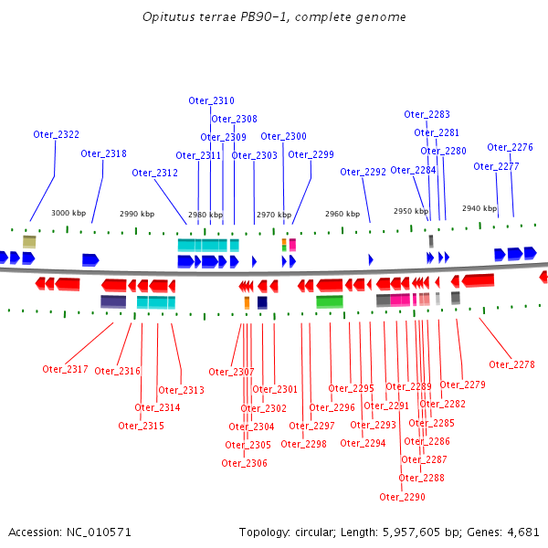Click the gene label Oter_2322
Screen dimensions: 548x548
57,134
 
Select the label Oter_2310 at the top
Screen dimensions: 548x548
212,100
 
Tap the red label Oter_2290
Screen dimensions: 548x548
402,497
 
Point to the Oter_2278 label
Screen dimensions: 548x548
512,364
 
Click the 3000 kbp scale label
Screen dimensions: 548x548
68,213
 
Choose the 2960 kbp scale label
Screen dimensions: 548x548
342,214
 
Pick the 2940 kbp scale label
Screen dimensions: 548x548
479,208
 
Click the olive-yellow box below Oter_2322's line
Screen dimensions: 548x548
29,242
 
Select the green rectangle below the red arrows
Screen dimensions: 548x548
330,301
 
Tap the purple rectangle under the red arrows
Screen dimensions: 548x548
113,301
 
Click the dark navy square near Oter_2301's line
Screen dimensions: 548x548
262,302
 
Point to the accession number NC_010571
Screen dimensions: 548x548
99,532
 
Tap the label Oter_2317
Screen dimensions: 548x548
66,369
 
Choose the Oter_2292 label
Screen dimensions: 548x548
364,172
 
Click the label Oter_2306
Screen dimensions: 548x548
244,463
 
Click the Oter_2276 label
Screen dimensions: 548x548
511,147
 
